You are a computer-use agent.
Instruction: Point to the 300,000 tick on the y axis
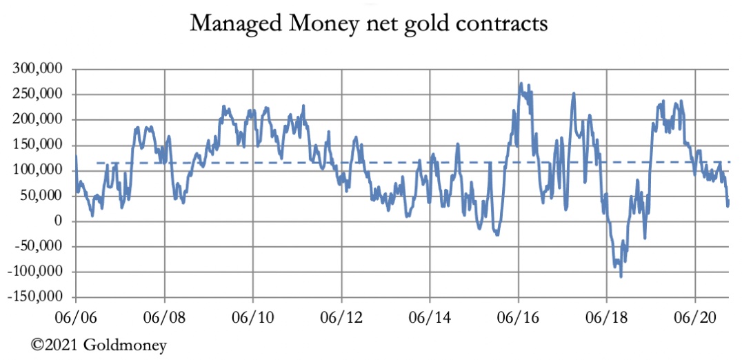pos(39,69)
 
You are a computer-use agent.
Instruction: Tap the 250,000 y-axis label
pos(39,94)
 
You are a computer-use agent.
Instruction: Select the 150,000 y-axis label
pos(39,145)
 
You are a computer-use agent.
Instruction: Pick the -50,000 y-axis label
pos(39,246)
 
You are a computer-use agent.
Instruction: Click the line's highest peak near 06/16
pos(521,83)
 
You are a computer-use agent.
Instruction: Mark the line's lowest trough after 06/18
pos(621,277)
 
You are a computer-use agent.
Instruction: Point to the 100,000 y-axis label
pos(39,170)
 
